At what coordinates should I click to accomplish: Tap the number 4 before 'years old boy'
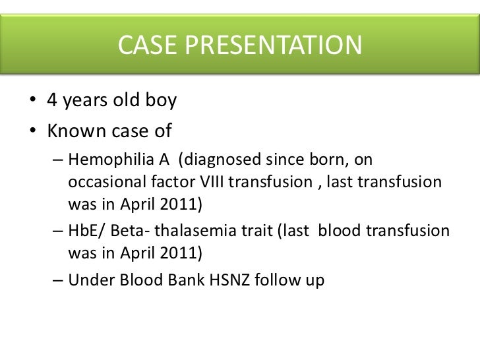point(51,103)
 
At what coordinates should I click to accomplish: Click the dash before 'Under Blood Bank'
point(57,280)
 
